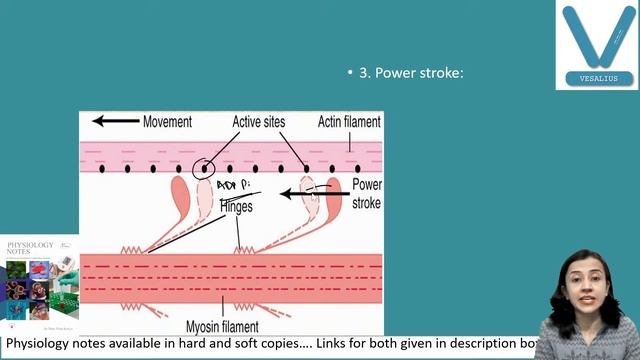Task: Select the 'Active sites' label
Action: (x=259, y=121)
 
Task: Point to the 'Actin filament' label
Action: (x=349, y=121)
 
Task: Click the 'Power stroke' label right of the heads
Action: (x=366, y=194)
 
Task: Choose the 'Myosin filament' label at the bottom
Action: (x=222, y=326)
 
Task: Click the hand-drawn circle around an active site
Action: (x=205, y=166)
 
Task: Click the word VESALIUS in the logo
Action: (x=597, y=78)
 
